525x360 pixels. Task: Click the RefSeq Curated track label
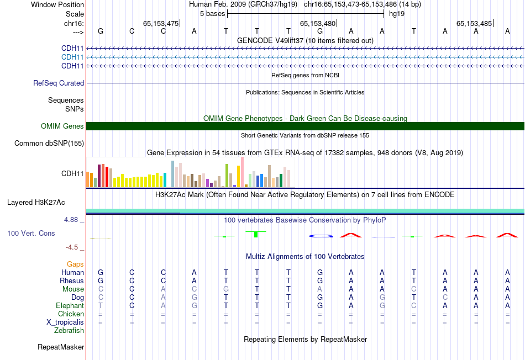click(59, 83)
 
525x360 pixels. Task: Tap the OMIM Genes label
click(62, 126)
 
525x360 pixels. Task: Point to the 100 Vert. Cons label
click(31, 234)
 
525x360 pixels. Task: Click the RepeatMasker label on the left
click(61, 347)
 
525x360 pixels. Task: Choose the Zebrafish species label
click(69, 331)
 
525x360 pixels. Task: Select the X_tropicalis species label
click(65, 322)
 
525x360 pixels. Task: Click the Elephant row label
click(70, 306)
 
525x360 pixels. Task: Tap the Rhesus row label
click(72, 281)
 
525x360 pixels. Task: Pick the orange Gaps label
click(75, 264)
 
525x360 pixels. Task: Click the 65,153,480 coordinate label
click(318, 24)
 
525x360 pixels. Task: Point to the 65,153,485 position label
click(474, 24)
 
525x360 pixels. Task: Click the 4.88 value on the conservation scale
click(71, 220)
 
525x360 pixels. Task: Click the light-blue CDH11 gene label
click(72, 57)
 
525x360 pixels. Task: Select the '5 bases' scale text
click(212, 13)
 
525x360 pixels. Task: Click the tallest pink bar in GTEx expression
click(242, 172)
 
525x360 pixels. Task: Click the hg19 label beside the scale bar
click(396, 13)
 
